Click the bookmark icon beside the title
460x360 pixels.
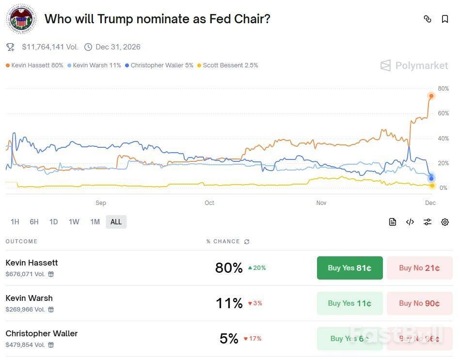(444, 19)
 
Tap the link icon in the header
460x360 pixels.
(428, 19)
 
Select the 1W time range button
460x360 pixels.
(74, 222)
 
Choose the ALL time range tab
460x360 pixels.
(116, 222)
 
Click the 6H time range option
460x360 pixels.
(34, 222)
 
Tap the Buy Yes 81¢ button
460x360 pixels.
(349, 268)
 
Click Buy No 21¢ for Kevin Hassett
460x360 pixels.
(419, 268)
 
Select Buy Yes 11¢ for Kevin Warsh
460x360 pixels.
(349, 303)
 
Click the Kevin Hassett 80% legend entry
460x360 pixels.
(35, 65)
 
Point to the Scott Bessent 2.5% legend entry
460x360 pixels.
(228, 65)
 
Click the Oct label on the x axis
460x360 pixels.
(209, 203)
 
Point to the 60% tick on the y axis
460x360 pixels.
(443, 114)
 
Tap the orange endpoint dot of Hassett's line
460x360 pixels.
(431, 96)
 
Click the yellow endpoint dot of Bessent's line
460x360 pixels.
(432, 186)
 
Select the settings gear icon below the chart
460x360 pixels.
(444, 222)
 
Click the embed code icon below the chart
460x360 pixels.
(410, 222)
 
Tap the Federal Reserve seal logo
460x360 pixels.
(21, 19)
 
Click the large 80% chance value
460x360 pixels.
(229, 268)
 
